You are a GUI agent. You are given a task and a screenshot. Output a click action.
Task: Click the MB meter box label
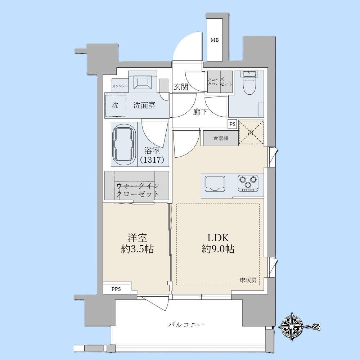[215, 40]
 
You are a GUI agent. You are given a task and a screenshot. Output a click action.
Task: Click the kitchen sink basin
[215, 183]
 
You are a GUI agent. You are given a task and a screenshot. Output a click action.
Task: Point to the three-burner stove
[248, 183]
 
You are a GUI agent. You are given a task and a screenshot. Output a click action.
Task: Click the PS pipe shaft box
[233, 124]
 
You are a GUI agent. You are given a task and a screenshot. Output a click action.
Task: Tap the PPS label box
[116, 289]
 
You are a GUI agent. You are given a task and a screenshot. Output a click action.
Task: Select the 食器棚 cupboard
[221, 138]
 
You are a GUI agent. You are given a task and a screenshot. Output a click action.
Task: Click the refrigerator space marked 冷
[251, 132]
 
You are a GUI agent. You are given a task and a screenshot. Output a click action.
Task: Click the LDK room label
[218, 238]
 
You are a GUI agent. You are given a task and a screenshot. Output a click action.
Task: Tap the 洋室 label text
[137, 238]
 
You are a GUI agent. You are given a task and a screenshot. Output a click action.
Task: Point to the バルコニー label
[186, 325]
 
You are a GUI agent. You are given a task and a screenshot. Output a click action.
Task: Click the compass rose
[292, 326]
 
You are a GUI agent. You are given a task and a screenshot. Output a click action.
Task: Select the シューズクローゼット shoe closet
[220, 82]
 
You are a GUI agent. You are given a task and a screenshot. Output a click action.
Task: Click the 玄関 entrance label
[181, 87]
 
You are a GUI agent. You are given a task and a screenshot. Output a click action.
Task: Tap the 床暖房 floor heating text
[248, 280]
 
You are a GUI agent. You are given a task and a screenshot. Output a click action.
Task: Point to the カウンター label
[120, 86]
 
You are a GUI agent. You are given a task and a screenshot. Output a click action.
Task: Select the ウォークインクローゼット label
[138, 190]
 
